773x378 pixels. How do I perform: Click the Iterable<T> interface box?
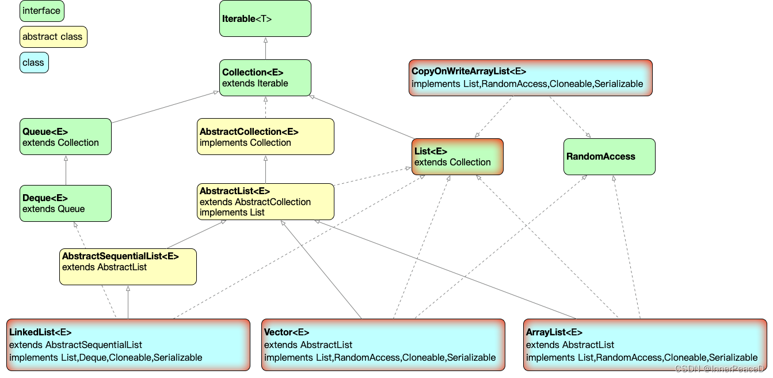pyautogui.click(x=265, y=18)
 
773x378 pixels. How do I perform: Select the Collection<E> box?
pyautogui.click(x=265, y=77)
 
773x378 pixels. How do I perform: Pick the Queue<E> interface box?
pyautogui.click(x=66, y=137)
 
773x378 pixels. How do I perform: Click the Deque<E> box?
pyautogui.click(x=66, y=203)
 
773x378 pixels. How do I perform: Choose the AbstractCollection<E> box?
pyautogui.click(x=265, y=137)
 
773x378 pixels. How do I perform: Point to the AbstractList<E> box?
pyautogui.click(x=265, y=201)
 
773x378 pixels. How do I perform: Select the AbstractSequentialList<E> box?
pyautogui.click(x=128, y=266)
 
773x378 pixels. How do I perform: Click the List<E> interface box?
pyautogui.click(x=458, y=156)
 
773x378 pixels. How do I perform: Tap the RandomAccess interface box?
pyautogui.click(x=609, y=156)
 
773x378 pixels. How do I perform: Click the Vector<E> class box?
pyautogui.click(x=383, y=345)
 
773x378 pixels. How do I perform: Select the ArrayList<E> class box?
pyautogui.click(x=645, y=345)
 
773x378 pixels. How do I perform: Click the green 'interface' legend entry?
pyautogui.click(x=41, y=11)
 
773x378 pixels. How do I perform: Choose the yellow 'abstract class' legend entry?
pyautogui.click(x=53, y=37)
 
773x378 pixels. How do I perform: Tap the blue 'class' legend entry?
pyautogui.click(x=34, y=63)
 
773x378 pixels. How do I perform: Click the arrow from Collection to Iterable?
pyautogui.click(x=265, y=48)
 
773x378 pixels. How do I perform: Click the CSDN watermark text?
pyautogui.click(x=719, y=369)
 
